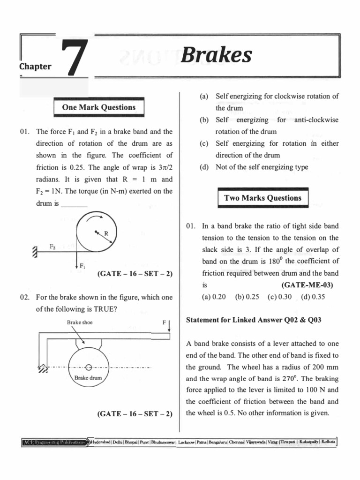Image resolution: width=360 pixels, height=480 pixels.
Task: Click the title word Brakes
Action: (x=216, y=55)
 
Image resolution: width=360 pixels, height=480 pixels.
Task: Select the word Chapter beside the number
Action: (x=35, y=66)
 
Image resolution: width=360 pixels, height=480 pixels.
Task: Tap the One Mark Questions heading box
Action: (x=98, y=107)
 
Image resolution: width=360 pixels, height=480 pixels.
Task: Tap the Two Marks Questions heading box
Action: (x=262, y=198)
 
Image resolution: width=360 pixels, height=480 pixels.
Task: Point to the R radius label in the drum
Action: (x=106, y=233)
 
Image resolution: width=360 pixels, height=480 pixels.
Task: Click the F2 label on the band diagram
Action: (x=53, y=246)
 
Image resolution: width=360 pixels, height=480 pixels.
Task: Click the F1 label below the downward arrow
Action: (x=82, y=266)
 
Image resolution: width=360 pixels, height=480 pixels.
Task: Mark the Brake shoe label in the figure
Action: (x=80, y=322)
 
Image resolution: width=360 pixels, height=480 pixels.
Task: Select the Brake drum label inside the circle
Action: (x=88, y=377)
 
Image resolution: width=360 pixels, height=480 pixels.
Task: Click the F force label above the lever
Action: (x=164, y=322)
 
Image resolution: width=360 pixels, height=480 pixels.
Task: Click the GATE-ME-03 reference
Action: (x=310, y=285)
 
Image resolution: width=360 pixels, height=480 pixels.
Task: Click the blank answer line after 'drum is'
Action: (x=74, y=205)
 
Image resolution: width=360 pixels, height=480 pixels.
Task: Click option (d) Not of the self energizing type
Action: (x=256, y=167)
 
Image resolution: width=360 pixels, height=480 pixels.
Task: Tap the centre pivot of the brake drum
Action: (x=88, y=367)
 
